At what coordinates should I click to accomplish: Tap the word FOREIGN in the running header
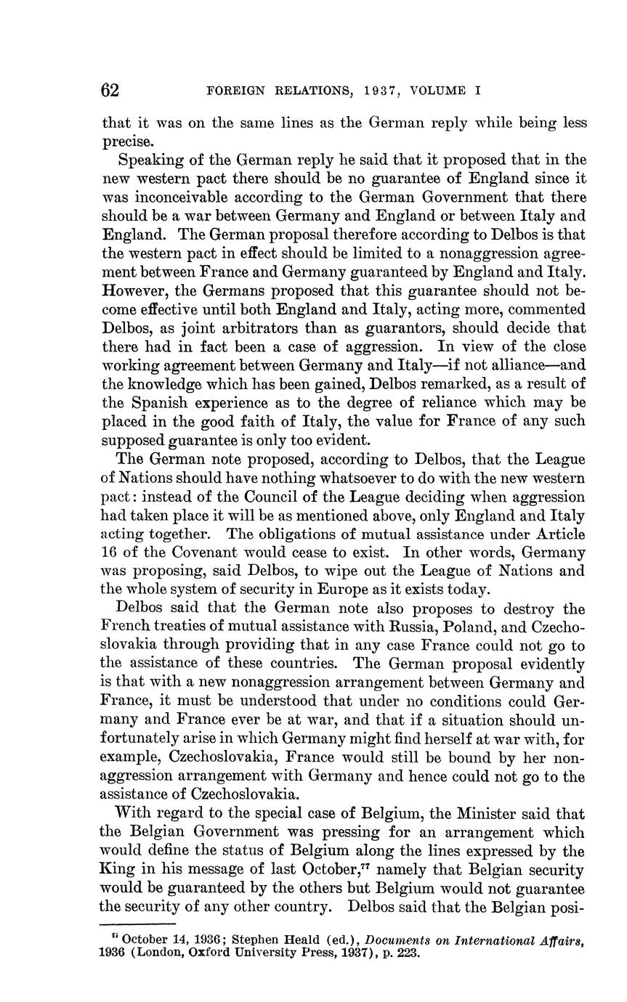coord(234,91)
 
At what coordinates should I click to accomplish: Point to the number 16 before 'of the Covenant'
coord(108,553)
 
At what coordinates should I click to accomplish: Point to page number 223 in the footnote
coord(409,953)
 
